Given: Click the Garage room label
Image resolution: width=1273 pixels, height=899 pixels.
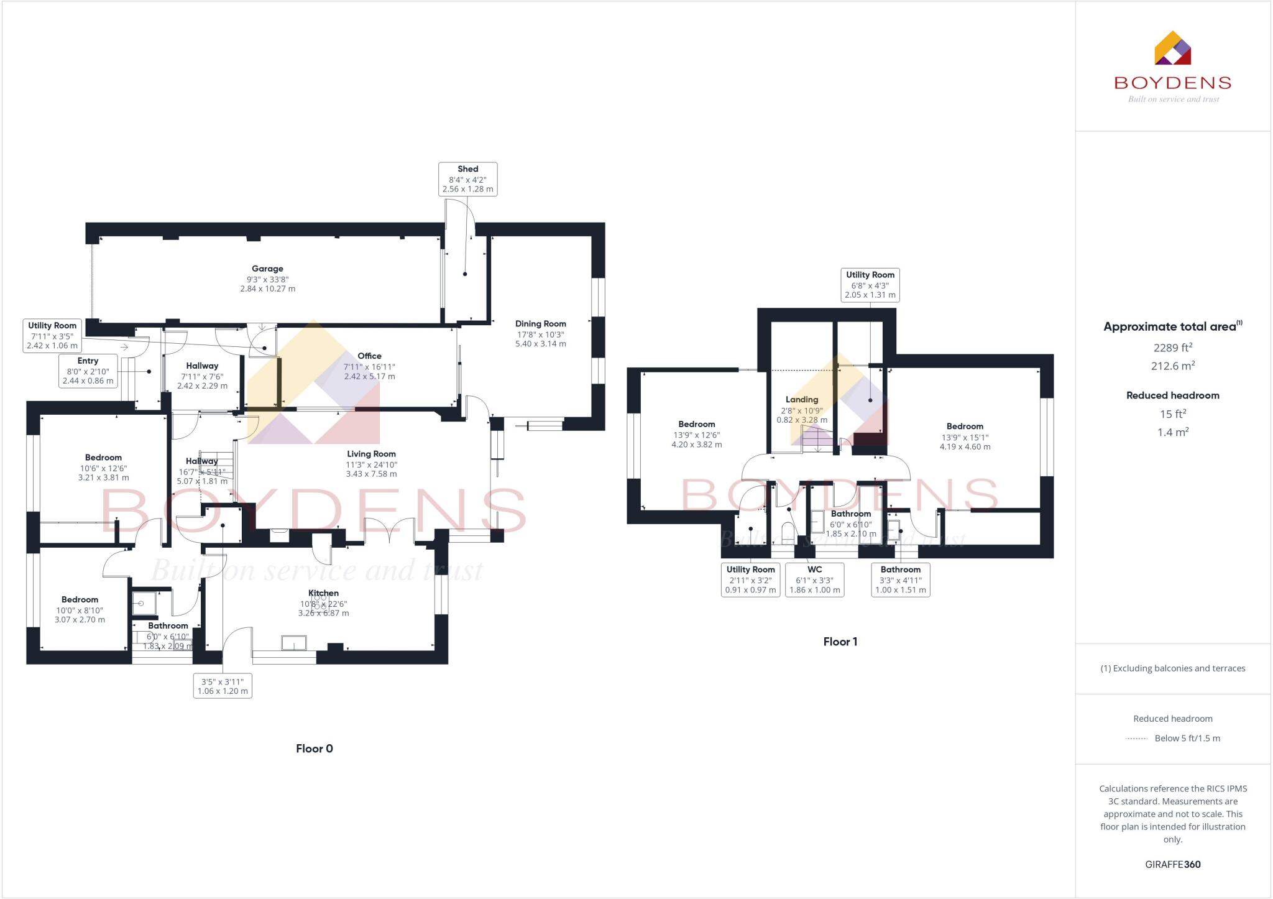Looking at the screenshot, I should (267, 269).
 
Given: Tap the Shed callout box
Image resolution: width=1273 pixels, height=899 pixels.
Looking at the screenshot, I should (467, 179).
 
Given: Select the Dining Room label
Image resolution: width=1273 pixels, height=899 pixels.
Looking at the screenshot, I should (540, 324).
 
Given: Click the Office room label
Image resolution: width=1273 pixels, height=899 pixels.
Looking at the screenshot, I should (369, 356).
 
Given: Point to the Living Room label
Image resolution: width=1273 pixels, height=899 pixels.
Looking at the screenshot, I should (371, 454).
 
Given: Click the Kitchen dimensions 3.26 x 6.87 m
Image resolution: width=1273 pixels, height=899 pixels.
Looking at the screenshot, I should (323, 613).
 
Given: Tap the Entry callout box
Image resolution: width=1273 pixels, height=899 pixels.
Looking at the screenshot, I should (88, 371).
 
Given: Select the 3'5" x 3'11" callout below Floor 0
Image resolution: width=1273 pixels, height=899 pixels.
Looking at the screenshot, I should (223, 686).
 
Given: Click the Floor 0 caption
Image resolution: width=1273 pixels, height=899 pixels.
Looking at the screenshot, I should (315, 749).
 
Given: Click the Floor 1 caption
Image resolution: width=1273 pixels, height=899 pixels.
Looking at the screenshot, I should (840, 642).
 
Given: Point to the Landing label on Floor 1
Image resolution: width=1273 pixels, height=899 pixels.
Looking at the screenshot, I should (802, 400).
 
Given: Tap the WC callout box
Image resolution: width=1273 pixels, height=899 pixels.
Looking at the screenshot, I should (814, 579).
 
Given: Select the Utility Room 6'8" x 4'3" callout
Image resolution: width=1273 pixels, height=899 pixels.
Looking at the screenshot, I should (870, 285).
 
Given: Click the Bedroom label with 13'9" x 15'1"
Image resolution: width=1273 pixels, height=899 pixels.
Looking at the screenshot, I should (965, 426).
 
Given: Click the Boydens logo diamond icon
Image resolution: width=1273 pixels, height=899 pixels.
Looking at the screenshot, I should (1172, 48).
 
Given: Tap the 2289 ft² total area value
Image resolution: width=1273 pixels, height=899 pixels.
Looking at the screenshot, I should (1172, 348).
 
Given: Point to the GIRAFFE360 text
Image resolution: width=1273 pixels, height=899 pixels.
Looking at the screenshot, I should (1172, 864).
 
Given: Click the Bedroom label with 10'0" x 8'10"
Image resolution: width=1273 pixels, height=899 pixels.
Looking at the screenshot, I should (80, 599).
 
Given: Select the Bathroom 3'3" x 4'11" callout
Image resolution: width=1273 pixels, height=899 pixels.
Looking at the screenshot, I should (900, 579).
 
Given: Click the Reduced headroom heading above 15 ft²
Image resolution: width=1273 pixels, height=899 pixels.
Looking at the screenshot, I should (1172, 395).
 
